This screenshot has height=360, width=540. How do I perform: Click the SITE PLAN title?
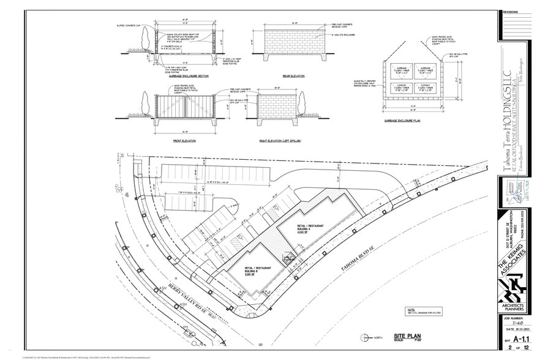pyautogui.click(x=407, y=336)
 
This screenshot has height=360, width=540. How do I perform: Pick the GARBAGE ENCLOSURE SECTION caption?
pyautogui.click(x=187, y=76)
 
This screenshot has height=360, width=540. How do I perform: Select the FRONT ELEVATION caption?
pyautogui.click(x=184, y=141)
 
